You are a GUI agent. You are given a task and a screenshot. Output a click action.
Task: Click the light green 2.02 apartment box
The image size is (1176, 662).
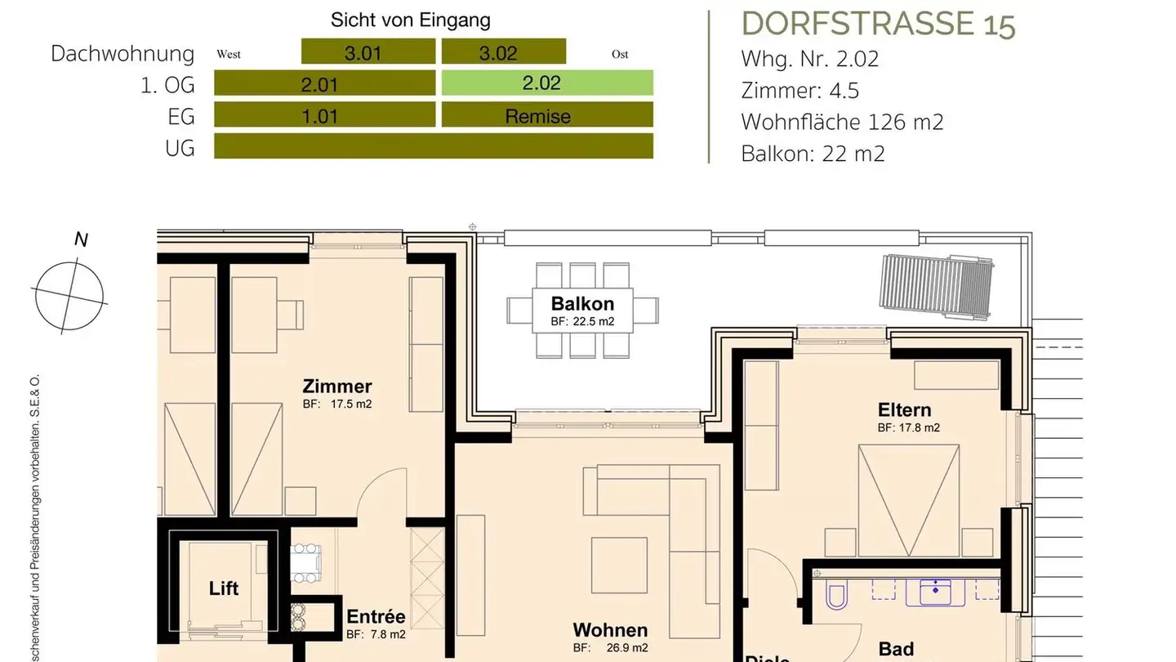547,83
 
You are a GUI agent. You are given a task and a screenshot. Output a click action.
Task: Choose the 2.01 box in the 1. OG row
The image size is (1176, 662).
324,83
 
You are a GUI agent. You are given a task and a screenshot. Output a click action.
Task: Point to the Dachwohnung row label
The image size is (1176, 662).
122,54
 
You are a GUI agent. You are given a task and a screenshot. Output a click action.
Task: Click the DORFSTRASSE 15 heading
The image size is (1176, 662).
878,25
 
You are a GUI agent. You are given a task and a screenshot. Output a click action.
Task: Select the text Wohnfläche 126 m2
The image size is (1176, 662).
842,122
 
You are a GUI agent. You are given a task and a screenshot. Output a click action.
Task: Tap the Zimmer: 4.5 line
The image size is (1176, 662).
800,90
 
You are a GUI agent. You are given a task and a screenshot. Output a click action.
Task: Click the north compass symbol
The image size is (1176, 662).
70,293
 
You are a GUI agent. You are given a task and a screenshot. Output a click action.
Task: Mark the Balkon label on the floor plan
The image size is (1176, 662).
582,303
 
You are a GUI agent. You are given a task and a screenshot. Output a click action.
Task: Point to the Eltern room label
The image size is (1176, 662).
904,409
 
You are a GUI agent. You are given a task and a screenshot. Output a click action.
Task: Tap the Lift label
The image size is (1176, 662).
224,588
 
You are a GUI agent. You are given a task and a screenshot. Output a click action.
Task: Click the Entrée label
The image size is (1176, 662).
376,617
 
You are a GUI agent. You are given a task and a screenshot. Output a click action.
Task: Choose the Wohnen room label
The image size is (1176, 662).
610,630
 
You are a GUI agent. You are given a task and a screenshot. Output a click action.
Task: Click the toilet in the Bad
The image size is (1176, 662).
837,596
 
